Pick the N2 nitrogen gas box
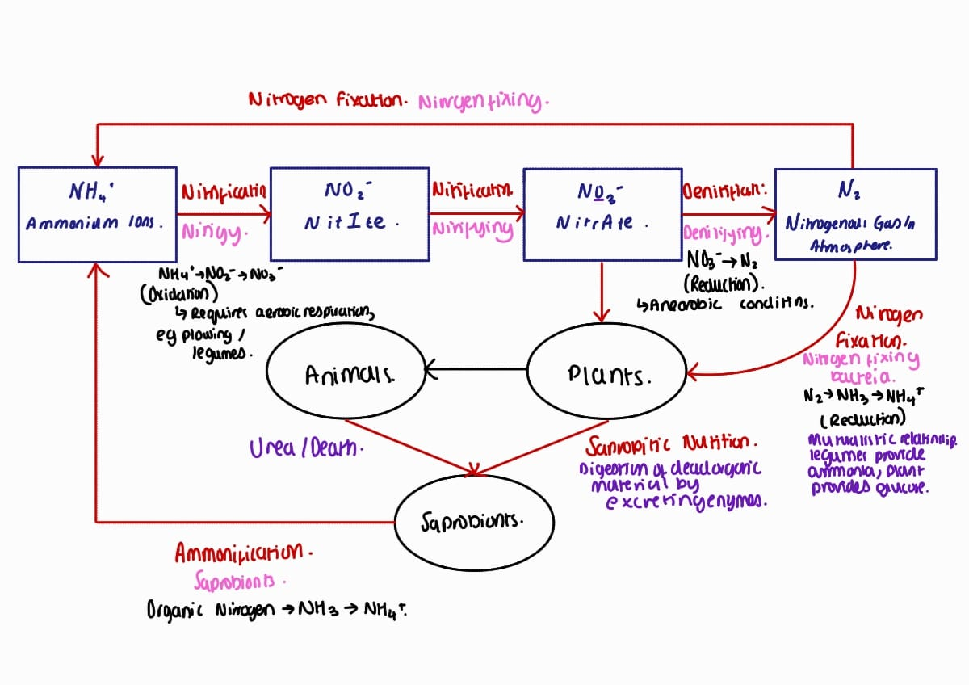pyautogui.click(x=854, y=214)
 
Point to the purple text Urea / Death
pyautogui.click(x=307, y=447)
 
